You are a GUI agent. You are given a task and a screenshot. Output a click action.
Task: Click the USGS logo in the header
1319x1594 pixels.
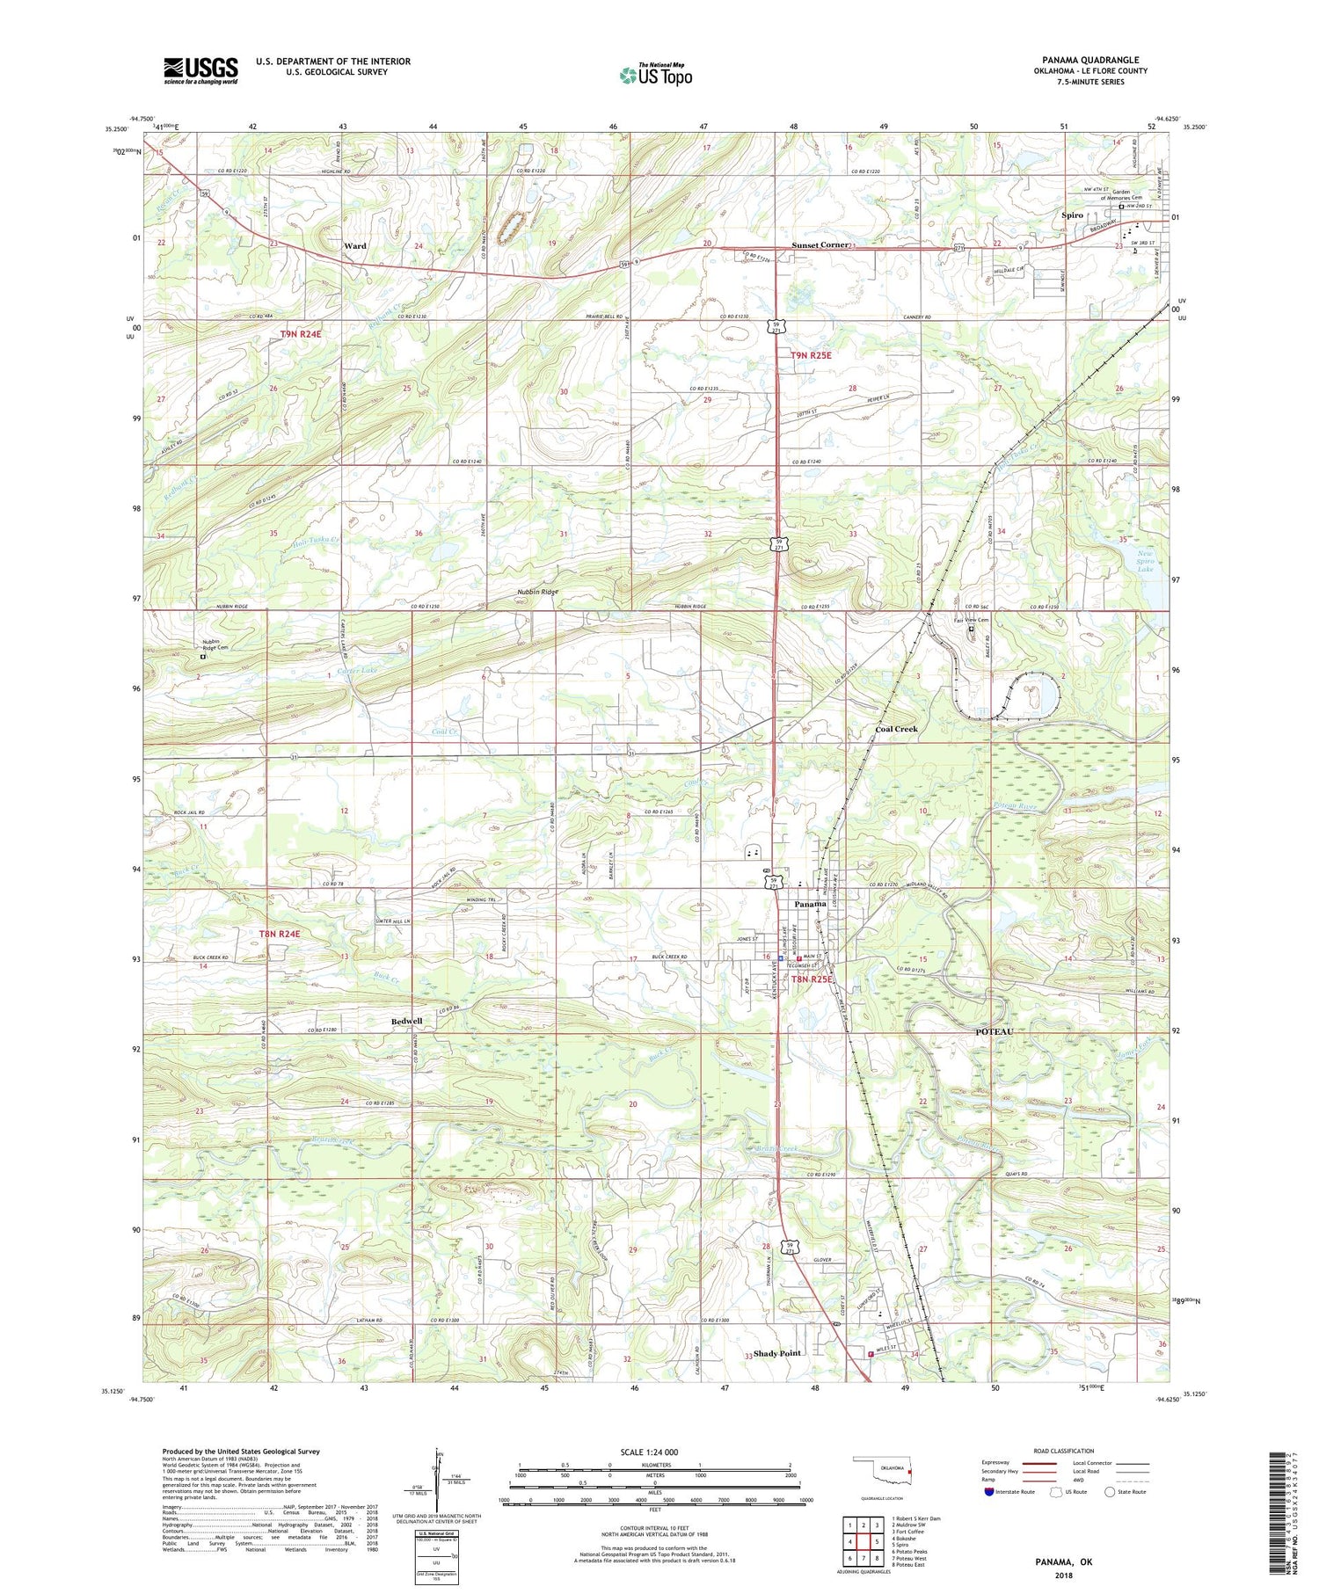point(200,70)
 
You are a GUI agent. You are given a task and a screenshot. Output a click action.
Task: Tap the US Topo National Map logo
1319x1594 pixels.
point(655,75)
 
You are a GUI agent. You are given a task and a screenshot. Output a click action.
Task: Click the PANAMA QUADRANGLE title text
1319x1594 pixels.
point(1093,60)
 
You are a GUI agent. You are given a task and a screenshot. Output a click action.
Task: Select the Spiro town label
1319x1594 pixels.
point(1072,215)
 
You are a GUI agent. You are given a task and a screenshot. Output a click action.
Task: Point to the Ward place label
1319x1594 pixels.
point(355,246)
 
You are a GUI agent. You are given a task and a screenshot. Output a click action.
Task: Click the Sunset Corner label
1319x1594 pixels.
point(820,245)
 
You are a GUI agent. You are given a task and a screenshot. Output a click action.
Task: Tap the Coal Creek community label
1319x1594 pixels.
point(896,730)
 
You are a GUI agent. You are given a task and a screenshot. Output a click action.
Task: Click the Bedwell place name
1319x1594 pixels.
point(406,1021)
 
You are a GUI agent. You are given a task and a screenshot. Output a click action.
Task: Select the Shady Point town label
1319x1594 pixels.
point(778,1353)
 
